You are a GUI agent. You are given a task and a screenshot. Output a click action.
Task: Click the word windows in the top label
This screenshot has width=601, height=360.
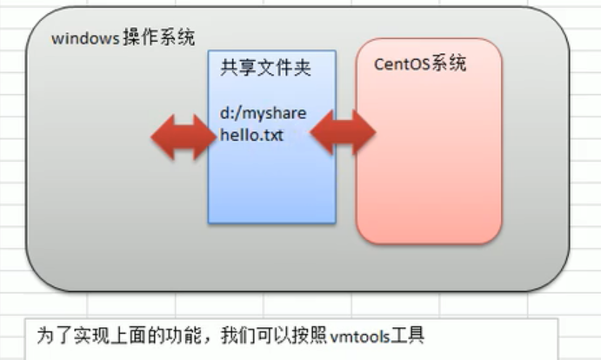coord(83,39)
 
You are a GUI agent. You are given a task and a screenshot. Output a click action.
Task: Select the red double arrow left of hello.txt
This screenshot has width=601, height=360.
coord(183,137)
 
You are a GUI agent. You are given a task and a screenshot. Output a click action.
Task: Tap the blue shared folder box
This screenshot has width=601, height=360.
coord(271,183)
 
